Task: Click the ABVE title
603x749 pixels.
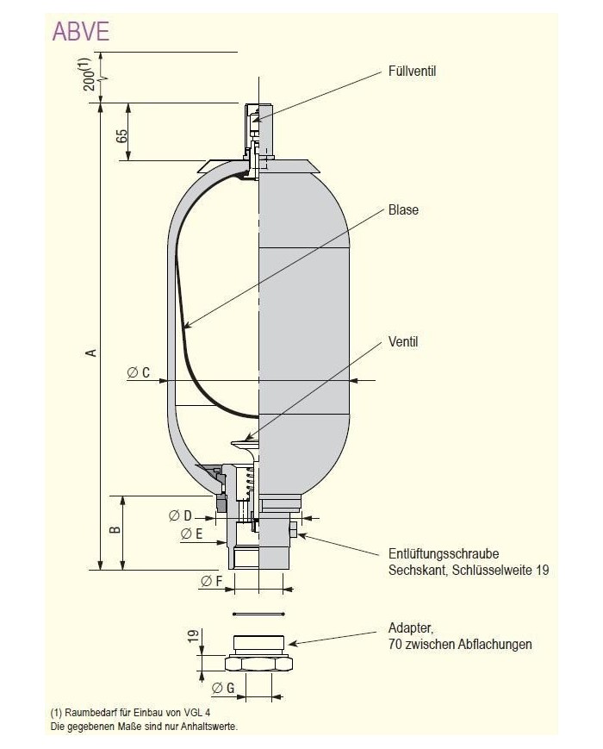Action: tap(80, 31)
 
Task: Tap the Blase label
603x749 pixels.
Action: tap(402, 209)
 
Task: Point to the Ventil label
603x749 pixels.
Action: tap(402, 342)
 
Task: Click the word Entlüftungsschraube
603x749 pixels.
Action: tap(444, 554)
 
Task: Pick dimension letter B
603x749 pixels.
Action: tap(115, 532)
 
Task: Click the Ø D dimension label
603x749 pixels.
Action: tap(180, 515)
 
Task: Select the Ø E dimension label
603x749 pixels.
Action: tap(191, 534)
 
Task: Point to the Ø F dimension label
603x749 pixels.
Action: tap(212, 582)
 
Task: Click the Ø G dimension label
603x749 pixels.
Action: tap(223, 688)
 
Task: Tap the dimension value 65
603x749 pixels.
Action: tap(121, 134)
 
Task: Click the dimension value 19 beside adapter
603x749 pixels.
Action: tap(193, 639)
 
